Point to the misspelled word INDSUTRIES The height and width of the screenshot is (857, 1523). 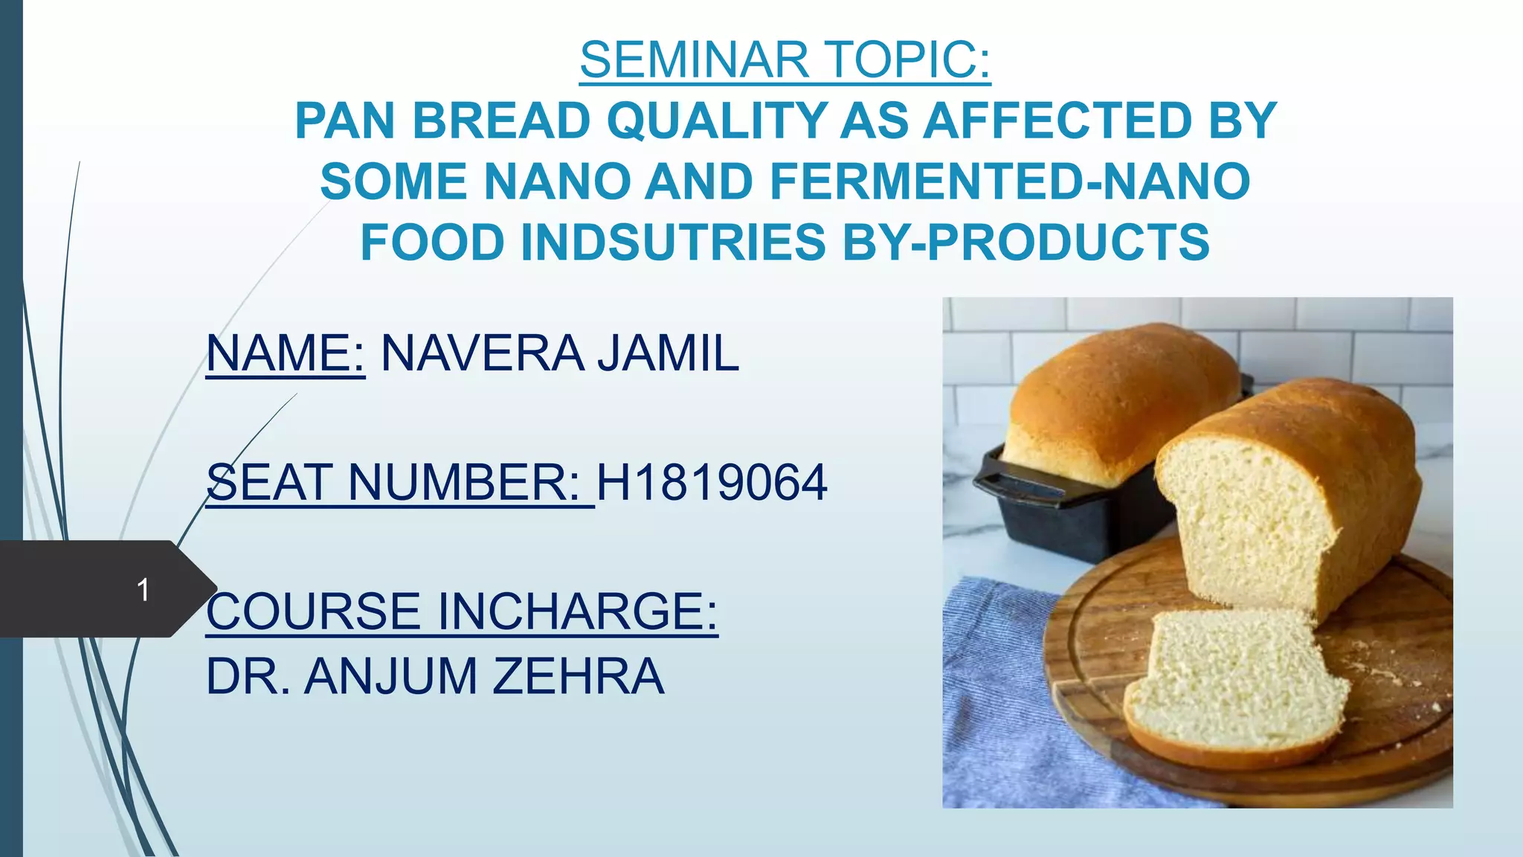(x=674, y=243)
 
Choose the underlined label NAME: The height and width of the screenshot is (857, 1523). (x=286, y=353)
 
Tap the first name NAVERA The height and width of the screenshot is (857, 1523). (x=482, y=353)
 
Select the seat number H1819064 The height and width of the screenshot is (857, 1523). (x=712, y=483)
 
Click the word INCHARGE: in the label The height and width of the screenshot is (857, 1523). (x=577, y=612)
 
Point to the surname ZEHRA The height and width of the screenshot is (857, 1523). (x=578, y=676)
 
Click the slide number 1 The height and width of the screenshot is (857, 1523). (x=144, y=590)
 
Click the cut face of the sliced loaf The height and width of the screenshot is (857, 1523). (x=1249, y=521)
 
